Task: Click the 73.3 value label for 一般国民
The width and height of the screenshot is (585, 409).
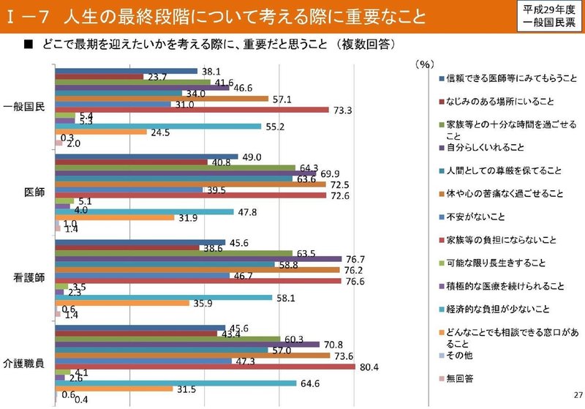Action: click(x=343, y=110)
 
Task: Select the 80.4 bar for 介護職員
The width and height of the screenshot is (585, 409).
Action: click(x=205, y=366)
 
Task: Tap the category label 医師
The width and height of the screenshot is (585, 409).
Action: click(x=35, y=192)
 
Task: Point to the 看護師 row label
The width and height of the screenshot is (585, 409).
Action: click(x=30, y=278)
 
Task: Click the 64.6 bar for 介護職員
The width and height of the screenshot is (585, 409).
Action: click(x=176, y=383)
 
